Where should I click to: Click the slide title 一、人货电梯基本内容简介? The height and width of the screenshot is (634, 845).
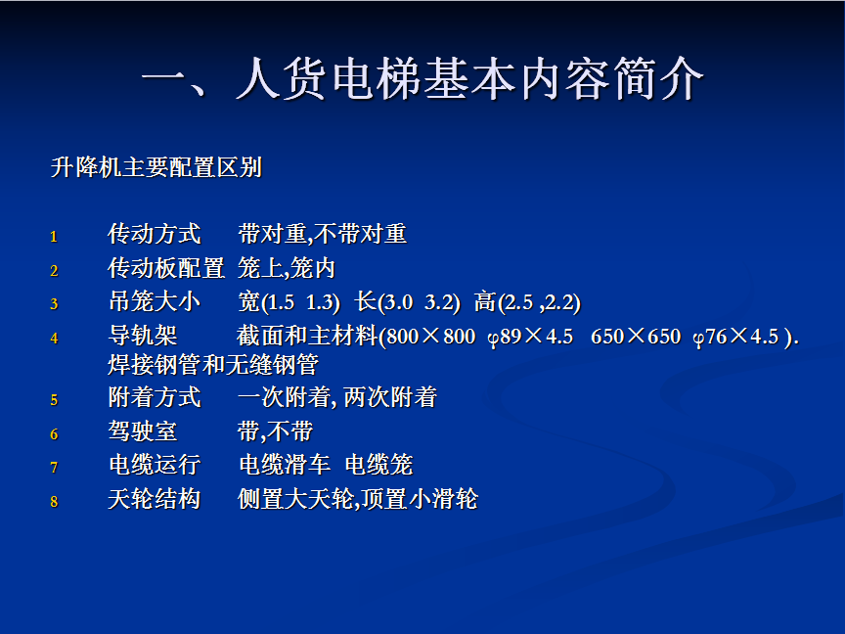point(422,79)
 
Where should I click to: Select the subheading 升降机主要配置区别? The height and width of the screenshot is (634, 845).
point(156,167)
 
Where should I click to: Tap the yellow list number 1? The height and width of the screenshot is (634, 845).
point(54,236)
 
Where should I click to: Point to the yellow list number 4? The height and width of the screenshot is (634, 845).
point(54,338)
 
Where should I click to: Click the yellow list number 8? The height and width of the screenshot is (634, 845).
point(54,501)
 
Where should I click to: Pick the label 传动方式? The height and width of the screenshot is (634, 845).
point(155,234)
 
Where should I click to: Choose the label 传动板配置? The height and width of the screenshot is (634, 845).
point(166,268)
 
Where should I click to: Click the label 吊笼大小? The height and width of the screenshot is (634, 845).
point(155,301)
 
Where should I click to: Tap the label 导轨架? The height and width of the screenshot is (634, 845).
point(142,336)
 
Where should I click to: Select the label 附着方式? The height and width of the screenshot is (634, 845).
point(155,397)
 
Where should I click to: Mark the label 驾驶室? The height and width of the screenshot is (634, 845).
point(142,431)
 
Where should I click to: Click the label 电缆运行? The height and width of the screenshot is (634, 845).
point(155,465)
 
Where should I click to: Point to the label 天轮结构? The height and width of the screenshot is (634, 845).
point(155,499)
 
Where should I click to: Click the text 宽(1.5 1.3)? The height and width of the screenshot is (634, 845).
point(289,302)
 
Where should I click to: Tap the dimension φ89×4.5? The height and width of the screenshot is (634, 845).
point(530,337)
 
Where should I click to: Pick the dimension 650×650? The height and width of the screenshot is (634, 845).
point(636,337)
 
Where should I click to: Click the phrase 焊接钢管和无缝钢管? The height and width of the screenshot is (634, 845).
point(213,365)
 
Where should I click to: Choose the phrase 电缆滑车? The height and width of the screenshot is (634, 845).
point(285,465)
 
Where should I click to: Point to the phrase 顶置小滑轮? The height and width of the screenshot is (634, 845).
point(420,499)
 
